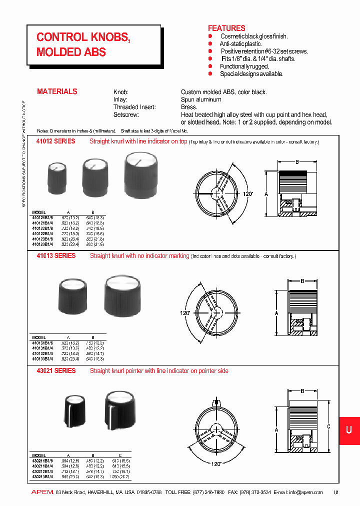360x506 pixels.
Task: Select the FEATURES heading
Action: [x=226, y=28]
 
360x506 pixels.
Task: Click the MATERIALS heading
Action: [x=57, y=91]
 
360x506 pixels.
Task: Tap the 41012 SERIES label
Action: [x=56, y=141]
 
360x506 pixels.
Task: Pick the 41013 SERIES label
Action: [x=56, y=256]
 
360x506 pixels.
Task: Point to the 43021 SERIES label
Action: [x=56, y=371]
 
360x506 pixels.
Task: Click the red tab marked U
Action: [x=349, y=430]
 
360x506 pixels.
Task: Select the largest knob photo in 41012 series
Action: [x=135, y=175]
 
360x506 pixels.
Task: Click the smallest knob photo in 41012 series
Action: [x=56, y=177]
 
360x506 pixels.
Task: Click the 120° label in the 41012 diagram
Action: [x=248, y=193]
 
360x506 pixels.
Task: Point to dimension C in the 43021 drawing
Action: [x=328, y=426]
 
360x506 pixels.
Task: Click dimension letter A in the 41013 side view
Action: [x=276, y=312]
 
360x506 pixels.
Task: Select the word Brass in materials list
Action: [x=189, y=107]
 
